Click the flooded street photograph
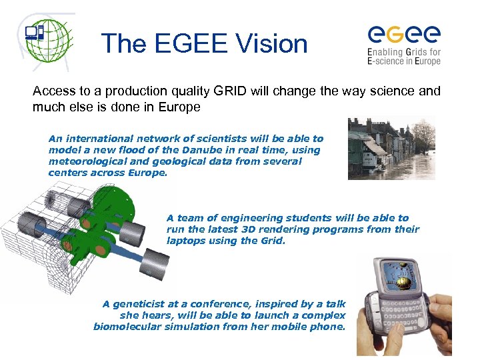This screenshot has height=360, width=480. [x=391, y=149]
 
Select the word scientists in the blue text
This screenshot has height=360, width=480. [x=193, y=139]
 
